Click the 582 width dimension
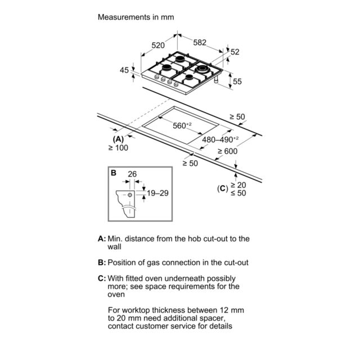(200, 43)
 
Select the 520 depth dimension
(158, 45)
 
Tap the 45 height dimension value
(124, 70)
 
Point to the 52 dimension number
(235, 52)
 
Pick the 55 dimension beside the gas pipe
(237, 82)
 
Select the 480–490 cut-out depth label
(220, 139)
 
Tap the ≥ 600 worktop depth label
(227, 151)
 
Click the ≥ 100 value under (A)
(118, 148)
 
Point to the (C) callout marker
(223, 189)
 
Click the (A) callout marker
(118, 139)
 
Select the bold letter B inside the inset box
(114, 173)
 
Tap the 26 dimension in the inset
(132, 174)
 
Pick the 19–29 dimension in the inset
(157, 193)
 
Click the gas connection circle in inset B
(130, 195)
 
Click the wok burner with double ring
(201, 69)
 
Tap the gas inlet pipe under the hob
(216, 79)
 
